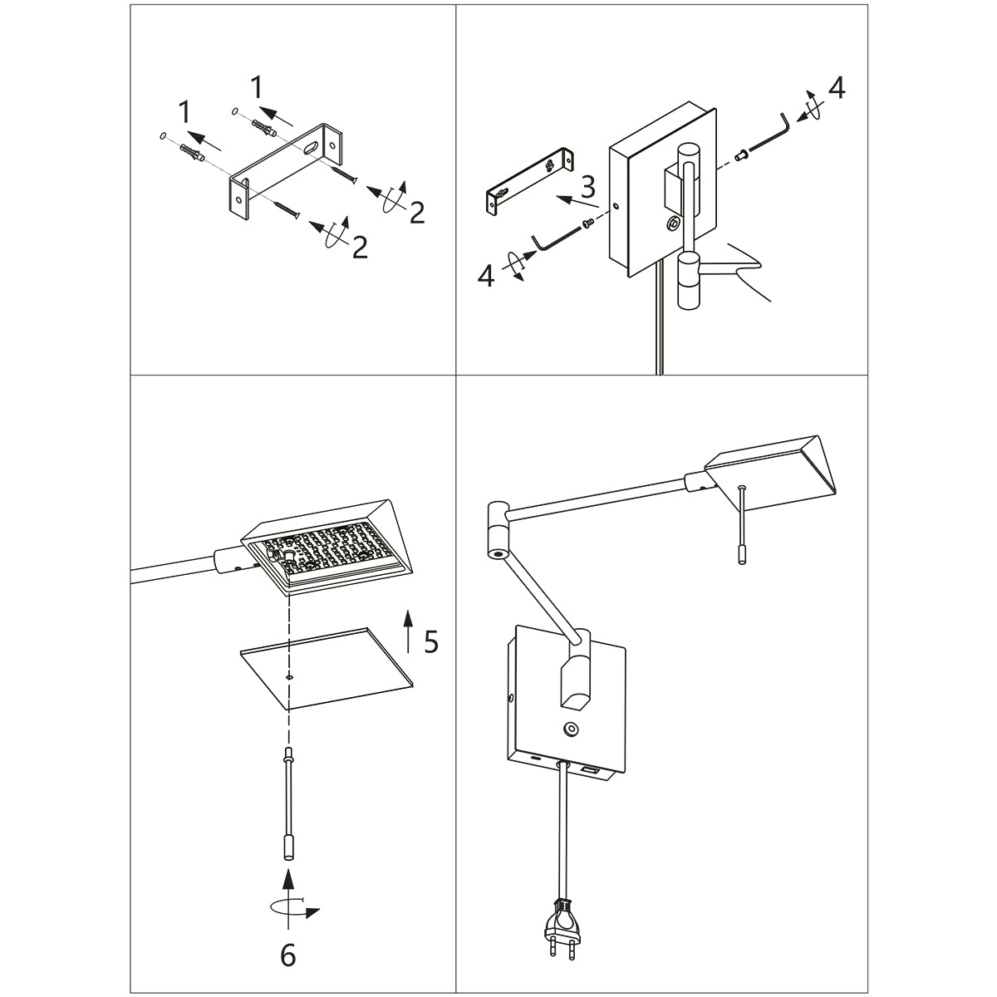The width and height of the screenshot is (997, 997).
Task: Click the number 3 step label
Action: coord(588,184)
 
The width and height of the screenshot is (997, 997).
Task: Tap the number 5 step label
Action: coord(430,641)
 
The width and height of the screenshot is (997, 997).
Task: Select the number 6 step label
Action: coord(287,957)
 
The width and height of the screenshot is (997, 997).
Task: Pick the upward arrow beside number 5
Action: coord(408,631)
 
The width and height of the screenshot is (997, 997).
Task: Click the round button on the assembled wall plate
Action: coord(569,729)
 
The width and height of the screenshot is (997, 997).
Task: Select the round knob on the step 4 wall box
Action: coord(672,223)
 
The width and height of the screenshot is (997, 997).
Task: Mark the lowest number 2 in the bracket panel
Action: coord(360,247)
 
